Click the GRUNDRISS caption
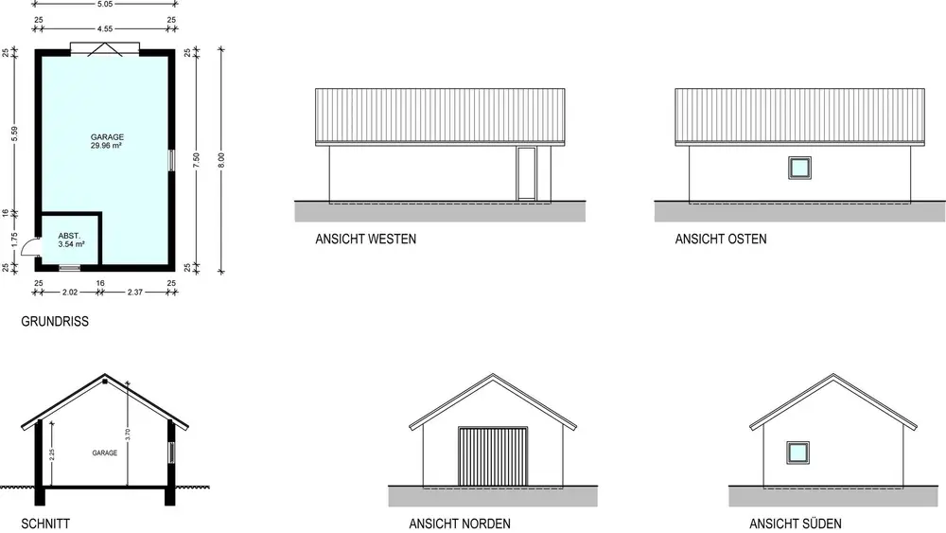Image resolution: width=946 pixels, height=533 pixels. tap(55, 322)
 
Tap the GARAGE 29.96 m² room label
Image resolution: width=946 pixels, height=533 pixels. tap(107, 142)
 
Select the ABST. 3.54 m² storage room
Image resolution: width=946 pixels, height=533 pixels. tap(71, 240)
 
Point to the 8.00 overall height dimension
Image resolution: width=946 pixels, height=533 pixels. tap(221, 157)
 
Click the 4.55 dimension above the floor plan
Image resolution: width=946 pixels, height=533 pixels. tap(105, 29)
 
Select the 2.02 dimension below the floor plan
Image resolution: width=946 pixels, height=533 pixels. tap(69, 293)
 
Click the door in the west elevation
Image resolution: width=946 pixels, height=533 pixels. tap(526, 174)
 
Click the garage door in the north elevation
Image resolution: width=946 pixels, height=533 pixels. tap(493, 456)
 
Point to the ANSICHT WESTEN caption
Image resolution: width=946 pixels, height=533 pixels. tap(365, 240)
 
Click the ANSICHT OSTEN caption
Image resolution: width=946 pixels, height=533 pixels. tap(721, 240)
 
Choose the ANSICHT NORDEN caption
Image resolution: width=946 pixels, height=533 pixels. tap(460, 524)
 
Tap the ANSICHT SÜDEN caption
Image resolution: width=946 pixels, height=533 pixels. tap(796, 524)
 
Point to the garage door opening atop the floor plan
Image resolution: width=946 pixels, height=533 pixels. tap(105, 48)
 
